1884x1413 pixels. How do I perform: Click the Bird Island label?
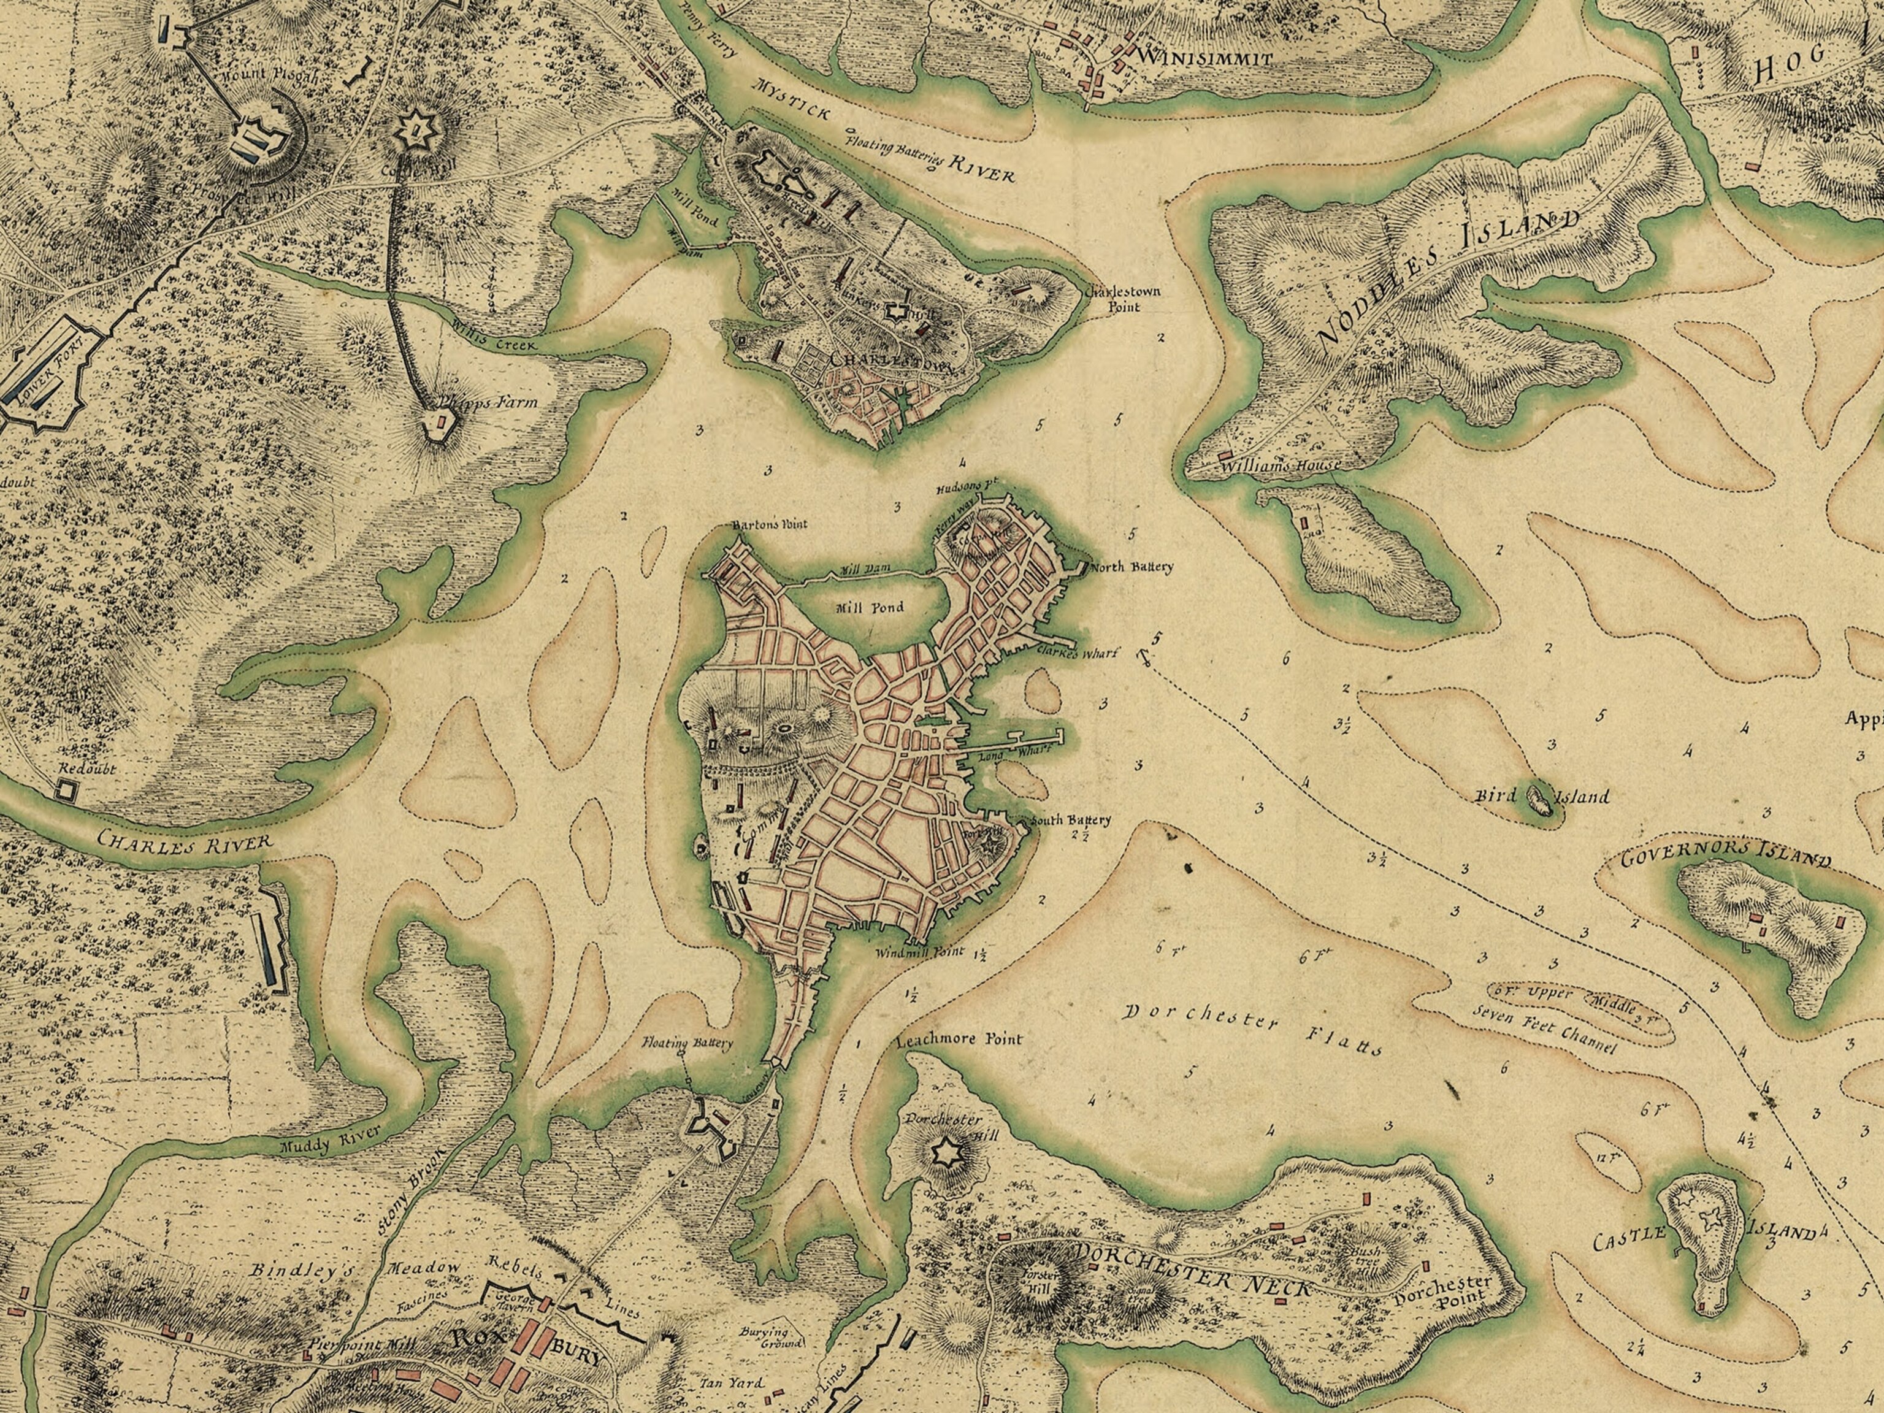[1542, 797]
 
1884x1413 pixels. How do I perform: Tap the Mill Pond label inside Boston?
[870, 608]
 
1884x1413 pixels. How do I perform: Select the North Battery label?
[1132, 567]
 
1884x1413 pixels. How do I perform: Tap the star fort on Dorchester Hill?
[944, 1153]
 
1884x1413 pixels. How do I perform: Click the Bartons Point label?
[769, 524]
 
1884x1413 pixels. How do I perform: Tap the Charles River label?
[184, 839]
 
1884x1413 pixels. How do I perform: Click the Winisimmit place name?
[1205, 59]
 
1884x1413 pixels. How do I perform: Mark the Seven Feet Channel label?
[1542, 1029]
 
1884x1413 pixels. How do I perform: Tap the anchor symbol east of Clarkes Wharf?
[1141, 655]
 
